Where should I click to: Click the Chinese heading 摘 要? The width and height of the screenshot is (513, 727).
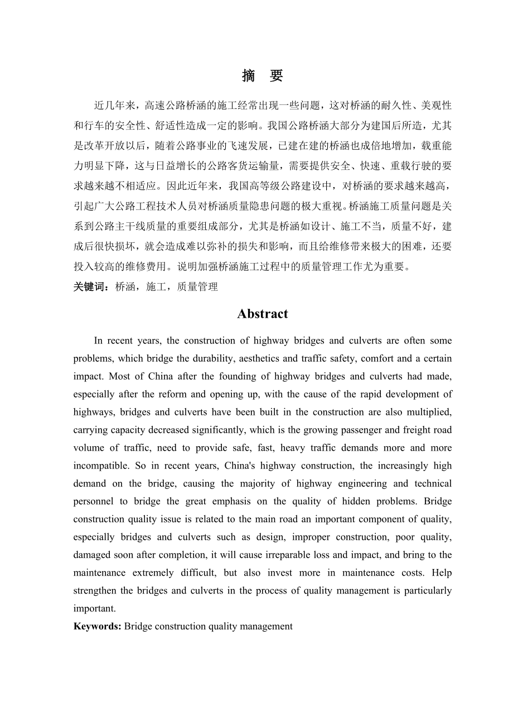[262, 76]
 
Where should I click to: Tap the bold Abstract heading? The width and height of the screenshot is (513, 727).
[263, 314]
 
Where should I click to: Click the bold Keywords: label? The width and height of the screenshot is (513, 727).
[98, 626]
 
